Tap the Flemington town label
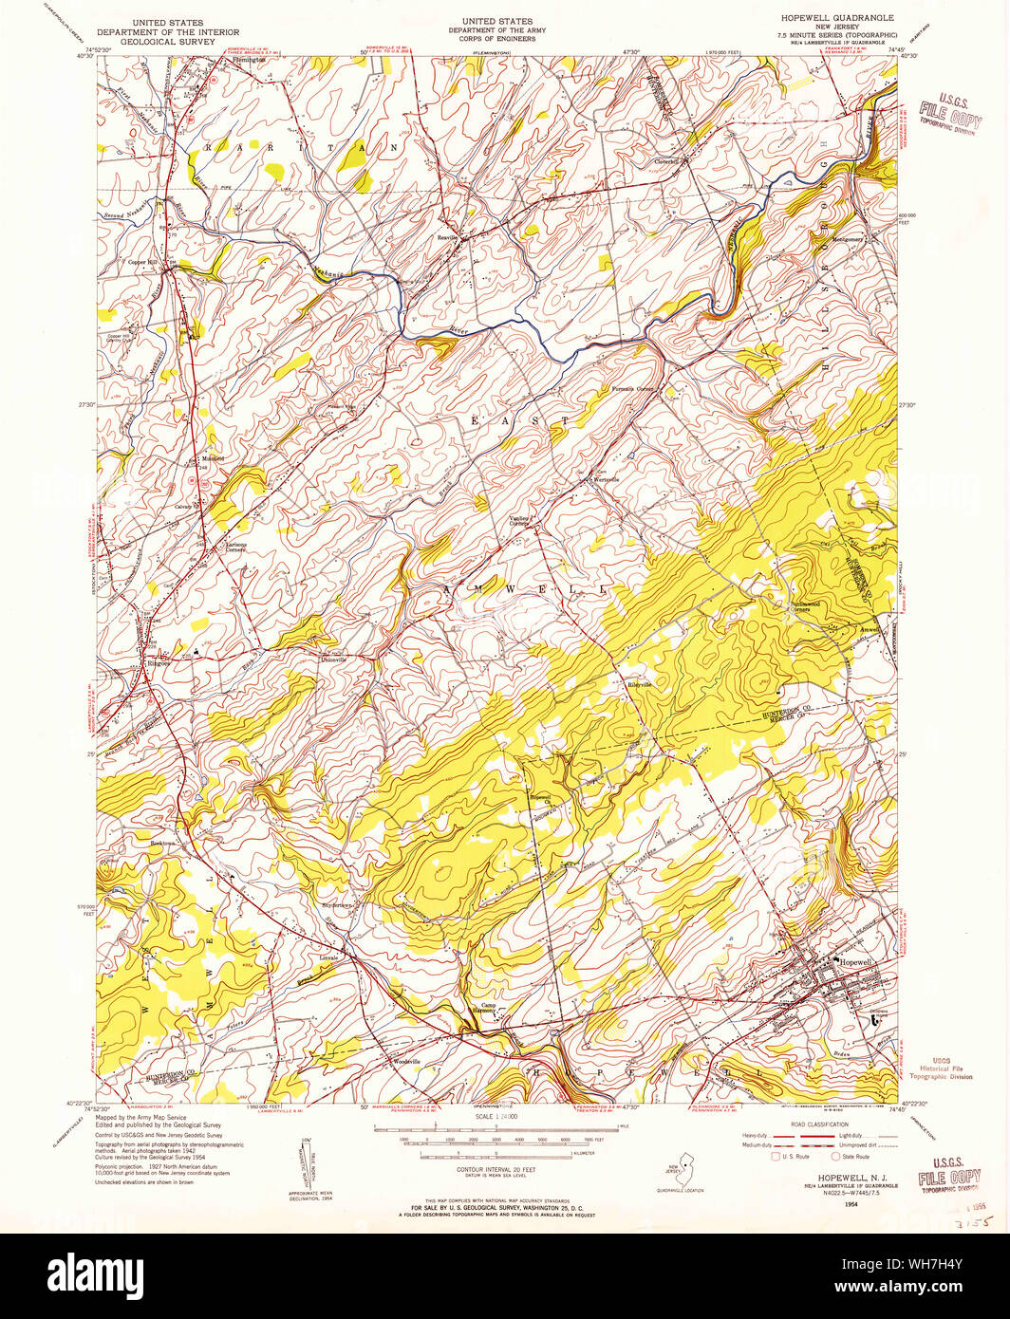click(250, 60)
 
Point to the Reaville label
click(448, 236)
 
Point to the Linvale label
click(327, 958)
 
